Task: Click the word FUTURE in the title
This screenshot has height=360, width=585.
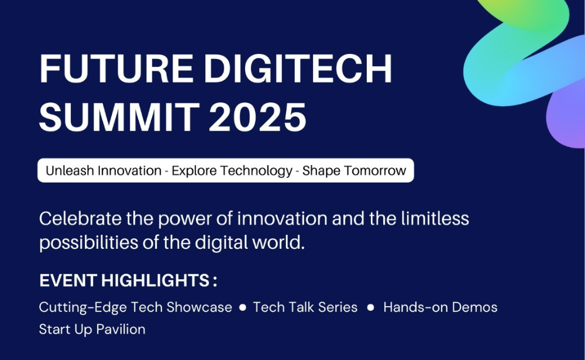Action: (x=116, y=68)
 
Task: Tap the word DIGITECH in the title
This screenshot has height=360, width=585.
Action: (x=298, y=68)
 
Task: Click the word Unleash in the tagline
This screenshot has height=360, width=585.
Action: (x=70, y=170)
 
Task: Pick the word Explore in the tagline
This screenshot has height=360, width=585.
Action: (x=192, y=171)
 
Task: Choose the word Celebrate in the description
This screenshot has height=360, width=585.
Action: (x=80, y=218)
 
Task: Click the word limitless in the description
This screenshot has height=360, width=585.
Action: (x=435, y=218)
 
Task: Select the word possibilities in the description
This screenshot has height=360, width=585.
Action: (x=89, y=243)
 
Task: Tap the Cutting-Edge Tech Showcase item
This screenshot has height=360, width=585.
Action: (x=136, y=307)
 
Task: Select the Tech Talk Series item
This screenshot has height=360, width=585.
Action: (x=305, y=307)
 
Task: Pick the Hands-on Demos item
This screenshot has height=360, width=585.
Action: (x=441, y=307)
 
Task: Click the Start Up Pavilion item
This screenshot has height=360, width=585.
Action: (x=92, y=330)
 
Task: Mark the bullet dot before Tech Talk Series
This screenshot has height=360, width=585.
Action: (x=243, y=307)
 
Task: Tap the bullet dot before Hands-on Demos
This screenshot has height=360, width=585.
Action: (x=370, y=307)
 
